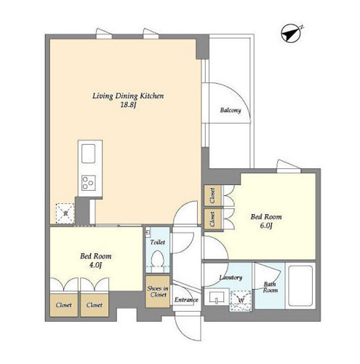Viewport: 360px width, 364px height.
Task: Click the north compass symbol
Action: click(x=292, y=33)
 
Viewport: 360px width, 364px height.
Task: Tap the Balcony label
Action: click(x=231, y=111)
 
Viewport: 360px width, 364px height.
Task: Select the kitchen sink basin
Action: click(x=88, y=154)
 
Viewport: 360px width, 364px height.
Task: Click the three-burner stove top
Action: click(x=88, y=183)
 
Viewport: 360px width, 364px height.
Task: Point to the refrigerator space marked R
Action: click(x=65, y=213)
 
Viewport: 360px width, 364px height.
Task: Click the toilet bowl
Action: click(x=157, y=258)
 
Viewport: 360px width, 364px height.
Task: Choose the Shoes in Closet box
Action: click(x=158, y=291)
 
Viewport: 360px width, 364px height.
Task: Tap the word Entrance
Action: click(x=186, y=300)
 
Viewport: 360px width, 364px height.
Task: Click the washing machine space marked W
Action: click(x=241, y=301)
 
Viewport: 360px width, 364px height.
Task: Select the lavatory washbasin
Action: click(x=217, y=297)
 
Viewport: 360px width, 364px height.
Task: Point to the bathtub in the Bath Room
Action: click(x=300, y=286)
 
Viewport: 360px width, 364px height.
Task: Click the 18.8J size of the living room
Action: click(x=127, y=105)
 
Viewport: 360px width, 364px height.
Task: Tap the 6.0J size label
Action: click(x=266, y=226)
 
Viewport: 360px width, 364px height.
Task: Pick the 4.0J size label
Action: click(x=95, y=265)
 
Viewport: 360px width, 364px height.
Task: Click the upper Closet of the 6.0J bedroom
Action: click(x=212, y=196)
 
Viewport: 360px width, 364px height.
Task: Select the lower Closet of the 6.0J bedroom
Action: click(x=212, y=219)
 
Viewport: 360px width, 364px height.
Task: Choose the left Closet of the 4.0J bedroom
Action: click(x=64, y=305)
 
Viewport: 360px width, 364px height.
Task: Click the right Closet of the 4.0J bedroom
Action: click(x=95, y=305)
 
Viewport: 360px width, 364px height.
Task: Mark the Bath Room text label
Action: click(x=271, y=287)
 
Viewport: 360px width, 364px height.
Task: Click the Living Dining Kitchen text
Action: click(x=128, y=96)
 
